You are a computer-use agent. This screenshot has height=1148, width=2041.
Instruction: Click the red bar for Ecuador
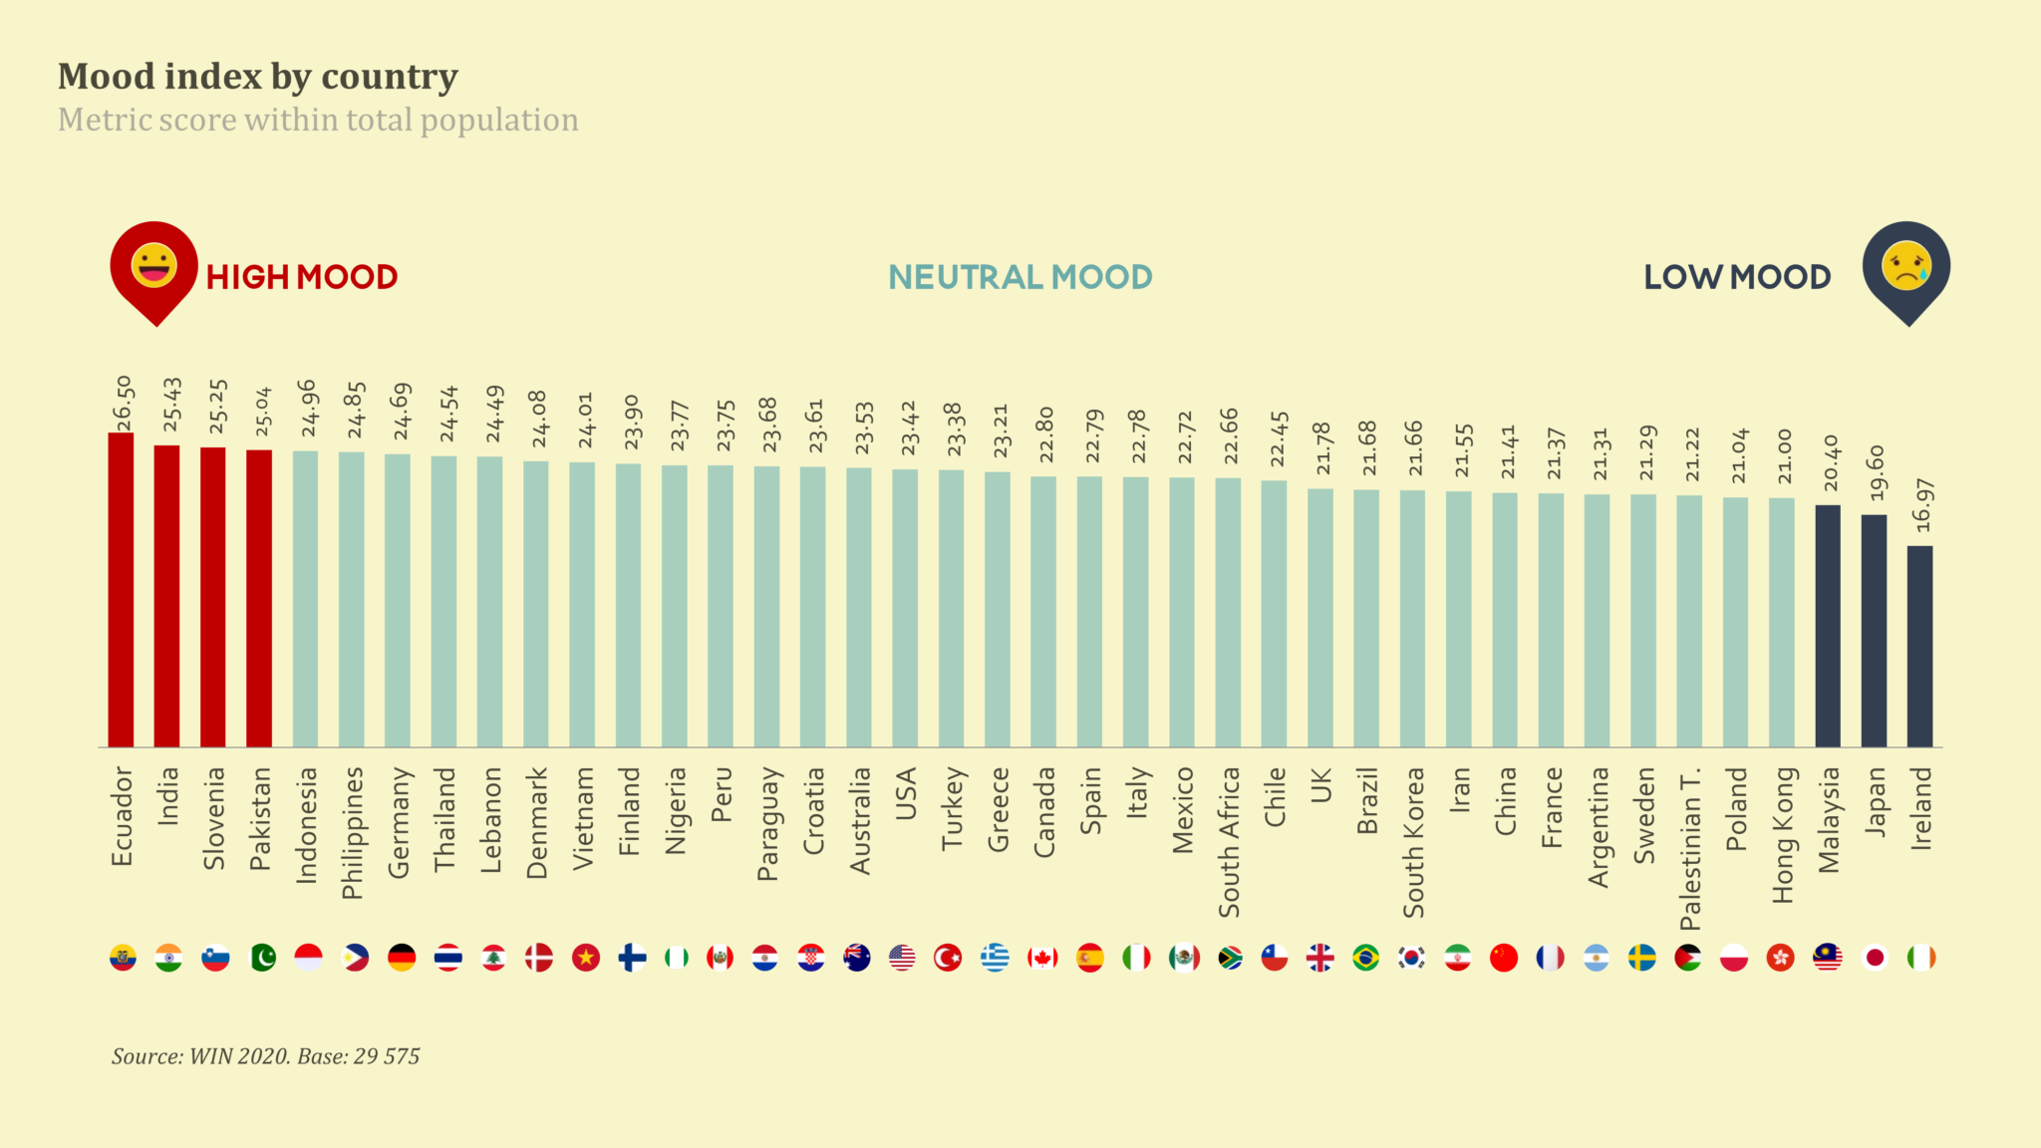[x=121, y=590]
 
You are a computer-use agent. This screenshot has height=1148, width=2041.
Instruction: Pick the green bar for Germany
[x=398, y=600]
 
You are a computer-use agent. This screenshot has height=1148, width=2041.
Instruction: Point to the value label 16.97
[x=1922, y=505]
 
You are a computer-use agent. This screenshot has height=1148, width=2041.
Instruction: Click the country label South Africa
[x=1229, y=842]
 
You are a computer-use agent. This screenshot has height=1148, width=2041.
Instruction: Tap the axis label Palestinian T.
[x=1690, y=848]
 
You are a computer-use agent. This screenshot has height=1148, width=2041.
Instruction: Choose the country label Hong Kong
[x=1782, y=835]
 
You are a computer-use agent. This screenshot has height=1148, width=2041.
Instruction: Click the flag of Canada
[x=1042, y=958]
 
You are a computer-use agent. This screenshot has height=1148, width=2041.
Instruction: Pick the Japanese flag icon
[x=1875, y=958]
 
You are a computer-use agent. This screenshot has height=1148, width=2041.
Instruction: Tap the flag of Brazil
[x=1365, y=958]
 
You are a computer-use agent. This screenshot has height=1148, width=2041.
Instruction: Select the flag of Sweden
[x=1642, y=958]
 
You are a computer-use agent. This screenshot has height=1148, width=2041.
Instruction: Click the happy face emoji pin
[x=154, y=268]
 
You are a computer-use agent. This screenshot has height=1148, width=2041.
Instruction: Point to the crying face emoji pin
[x=1905, y=268]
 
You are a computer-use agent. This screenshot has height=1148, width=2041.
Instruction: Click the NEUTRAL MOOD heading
[x=1020, y=277]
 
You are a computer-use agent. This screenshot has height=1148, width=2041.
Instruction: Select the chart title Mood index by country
[x=258, y=77]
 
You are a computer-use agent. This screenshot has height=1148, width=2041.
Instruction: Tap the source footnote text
[x=265, y=1056]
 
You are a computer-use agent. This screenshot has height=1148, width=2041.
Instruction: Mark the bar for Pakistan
[x=259, y=598]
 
